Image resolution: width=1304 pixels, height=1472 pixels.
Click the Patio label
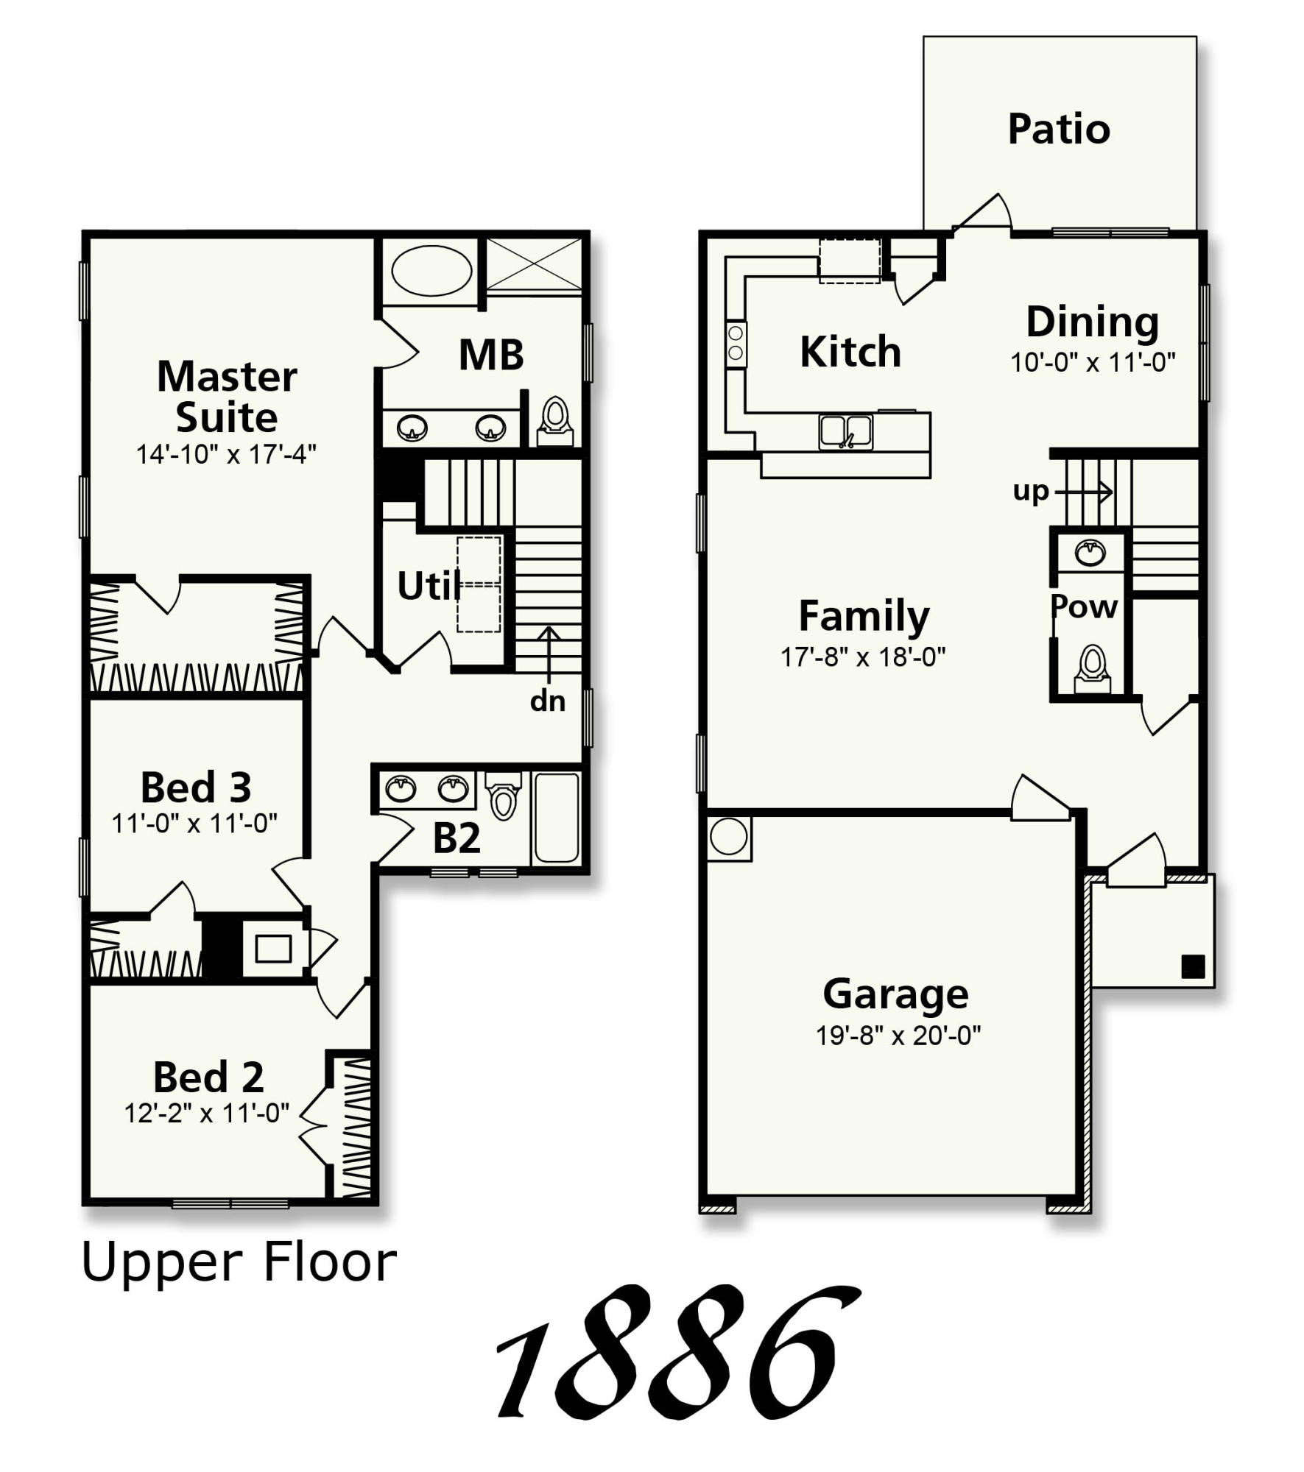(1058, 130)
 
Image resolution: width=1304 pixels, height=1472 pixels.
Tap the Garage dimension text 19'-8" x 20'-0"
(898, 1036)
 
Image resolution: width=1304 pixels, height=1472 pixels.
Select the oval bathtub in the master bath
(431, 270)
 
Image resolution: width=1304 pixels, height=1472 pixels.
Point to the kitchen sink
(846, 431)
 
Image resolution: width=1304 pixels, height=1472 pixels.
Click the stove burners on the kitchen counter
(736, 343)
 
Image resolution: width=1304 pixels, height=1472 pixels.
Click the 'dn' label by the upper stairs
(547, 701)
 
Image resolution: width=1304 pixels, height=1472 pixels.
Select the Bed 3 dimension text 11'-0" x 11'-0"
(194, 823)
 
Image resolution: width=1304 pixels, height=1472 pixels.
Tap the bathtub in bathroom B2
(557, 816)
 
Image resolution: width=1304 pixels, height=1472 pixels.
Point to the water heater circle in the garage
(729, 837)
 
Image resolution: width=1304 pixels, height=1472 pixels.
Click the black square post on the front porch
(1192, 966)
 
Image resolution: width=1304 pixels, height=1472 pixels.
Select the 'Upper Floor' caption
(239, 1262)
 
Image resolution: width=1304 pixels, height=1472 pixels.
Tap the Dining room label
(1093, 322)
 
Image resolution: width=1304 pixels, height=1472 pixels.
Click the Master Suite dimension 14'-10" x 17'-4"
(226, 455)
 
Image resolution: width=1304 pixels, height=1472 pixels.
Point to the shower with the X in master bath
(534, 264)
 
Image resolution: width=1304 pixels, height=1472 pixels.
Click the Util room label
(429, 587)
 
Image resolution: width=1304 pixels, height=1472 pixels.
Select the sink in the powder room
(1090, 552)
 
